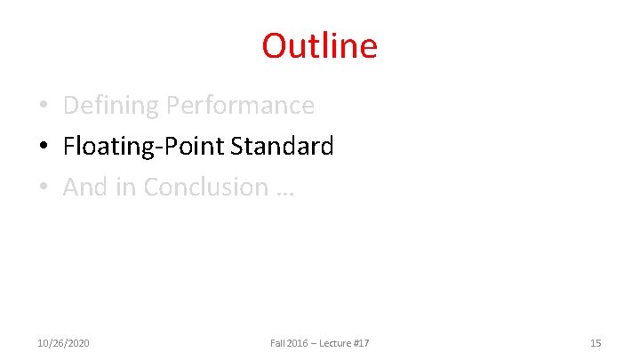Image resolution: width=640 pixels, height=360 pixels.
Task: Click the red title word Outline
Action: (x=319, y=45)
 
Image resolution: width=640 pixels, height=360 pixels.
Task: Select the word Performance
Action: (x=240, y=106)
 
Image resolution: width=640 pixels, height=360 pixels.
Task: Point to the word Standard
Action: (x=282, y=146)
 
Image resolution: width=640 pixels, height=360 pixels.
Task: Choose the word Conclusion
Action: (x=205, y=187)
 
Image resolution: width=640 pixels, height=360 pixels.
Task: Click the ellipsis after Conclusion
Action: (x=284, y=190)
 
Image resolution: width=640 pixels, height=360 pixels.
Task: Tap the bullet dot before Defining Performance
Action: (x=43, y=107)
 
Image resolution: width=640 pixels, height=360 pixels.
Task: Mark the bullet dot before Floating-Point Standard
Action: (x=43, y=147)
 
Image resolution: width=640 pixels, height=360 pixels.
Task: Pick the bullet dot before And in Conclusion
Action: (x=43, y=188)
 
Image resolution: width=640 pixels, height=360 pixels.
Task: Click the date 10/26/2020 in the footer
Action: (x=63, y=343)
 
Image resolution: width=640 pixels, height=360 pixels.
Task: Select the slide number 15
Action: (x=596, y=343)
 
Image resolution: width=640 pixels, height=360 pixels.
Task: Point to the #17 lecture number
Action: (x=361, y=343)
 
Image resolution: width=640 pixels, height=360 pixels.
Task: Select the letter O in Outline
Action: (x=274, y=45)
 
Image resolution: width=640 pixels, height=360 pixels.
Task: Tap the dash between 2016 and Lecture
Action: (x=313, y=343)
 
